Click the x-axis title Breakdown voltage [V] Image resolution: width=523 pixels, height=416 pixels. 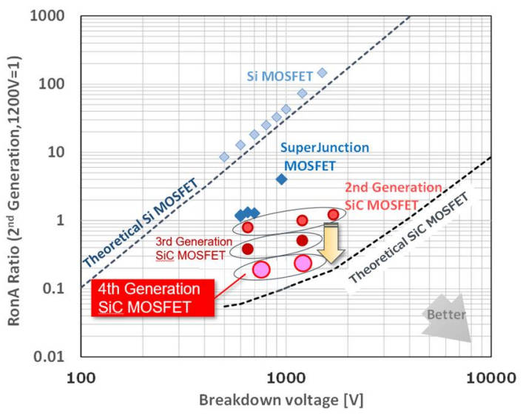click(x=285, y=400)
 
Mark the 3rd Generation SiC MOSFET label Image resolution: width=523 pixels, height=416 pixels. click(x=190, y=248)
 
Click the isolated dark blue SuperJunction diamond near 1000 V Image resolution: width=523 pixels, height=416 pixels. click(x=282, y=179)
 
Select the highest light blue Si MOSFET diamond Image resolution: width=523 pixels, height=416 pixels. click(x=322, y=72)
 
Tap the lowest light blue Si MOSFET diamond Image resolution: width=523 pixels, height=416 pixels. click(x=224, y=157)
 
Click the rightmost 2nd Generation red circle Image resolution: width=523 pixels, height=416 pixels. click(x=334, y=214)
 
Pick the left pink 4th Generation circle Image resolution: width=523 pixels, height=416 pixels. click(x=260, y=270)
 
